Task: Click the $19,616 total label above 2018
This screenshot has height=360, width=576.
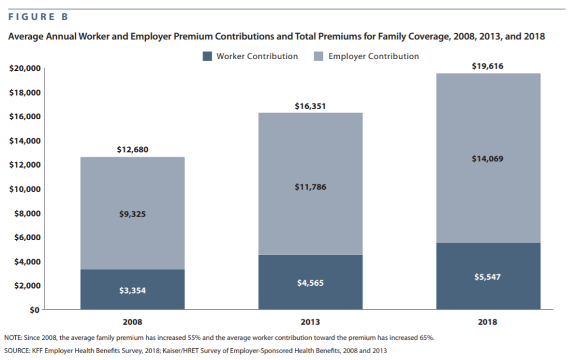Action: pos(488,66)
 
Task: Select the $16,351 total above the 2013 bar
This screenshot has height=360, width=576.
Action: pos(310,106)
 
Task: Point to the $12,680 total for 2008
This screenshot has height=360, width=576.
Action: pos(133,150)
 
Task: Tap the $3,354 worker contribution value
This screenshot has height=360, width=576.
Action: pos(133,291)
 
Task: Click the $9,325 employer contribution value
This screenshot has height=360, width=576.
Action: pos(133,214)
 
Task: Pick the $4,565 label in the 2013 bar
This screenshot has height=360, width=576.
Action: pos(310,283)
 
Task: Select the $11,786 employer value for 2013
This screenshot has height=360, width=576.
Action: pos(310,187)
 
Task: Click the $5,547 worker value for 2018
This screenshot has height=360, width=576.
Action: pos(488,277)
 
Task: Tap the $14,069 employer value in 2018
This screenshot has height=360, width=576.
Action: pos(488,159)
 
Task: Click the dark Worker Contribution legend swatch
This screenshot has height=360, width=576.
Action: pos(207,56)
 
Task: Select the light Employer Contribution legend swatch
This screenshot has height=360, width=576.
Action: pos(318,56)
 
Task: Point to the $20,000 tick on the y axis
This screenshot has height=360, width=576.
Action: pos(25,68)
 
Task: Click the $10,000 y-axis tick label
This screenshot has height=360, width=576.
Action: pos(25,189)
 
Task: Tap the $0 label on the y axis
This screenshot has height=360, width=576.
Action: pos(34,310)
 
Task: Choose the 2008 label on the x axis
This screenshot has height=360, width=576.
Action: pos(132,322)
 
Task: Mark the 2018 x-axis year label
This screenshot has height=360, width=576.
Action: pos(488,322)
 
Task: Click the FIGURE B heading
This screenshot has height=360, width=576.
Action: pos(38,17)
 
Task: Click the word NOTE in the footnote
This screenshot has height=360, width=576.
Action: pos(12,337)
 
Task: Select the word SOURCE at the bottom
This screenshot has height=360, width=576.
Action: pos(16,351)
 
